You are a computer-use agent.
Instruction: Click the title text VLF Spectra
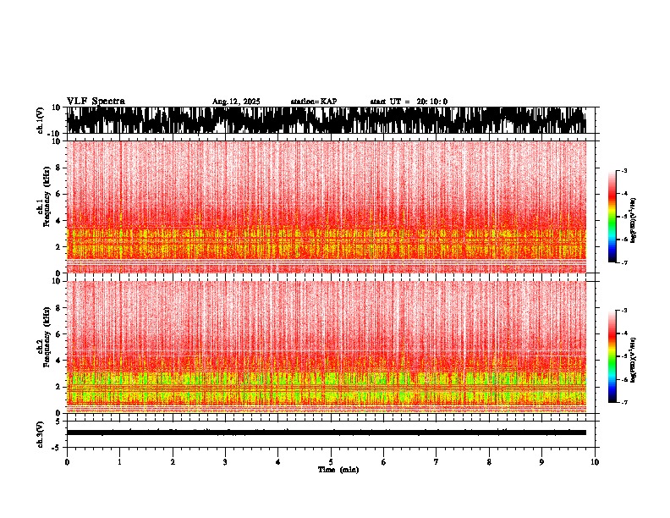click(96, 102)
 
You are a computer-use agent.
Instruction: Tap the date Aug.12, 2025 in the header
click(236, 102)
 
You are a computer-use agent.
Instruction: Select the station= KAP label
click(313, 102)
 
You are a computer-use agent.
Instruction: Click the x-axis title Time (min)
click(338, 470)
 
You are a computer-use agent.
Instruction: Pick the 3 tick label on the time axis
click(225, 462)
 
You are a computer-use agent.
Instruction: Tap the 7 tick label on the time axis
click(437, 462)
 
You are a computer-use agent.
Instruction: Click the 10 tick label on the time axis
click(595, 462)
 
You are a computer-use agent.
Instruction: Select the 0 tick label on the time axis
click(67, 462)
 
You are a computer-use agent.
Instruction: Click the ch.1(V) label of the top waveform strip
click(41, 120)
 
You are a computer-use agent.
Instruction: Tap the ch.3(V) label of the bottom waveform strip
click(41, 433)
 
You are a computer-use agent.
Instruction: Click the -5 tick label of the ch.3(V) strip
click(58, 445)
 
